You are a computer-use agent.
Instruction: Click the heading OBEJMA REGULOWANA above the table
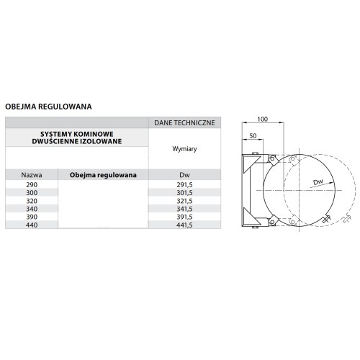coord(48,107)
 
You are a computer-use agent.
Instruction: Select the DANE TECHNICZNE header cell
coord(184,123)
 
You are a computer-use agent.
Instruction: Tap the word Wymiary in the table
coord(184,149)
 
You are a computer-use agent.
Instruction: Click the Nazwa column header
coord(32,175)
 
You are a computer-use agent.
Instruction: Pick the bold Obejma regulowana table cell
coord(103,175)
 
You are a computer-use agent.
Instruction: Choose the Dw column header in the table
coord(184,175)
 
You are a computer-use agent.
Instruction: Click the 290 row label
coord(32,185)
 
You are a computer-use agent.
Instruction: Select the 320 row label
coord(32,201)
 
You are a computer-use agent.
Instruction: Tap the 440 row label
coord(32,225)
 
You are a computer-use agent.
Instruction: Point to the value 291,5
coord(184,185)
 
